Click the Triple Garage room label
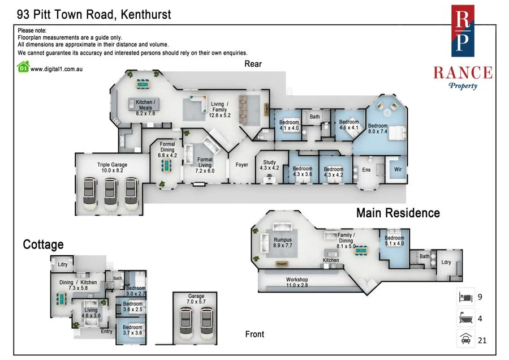point(112,168)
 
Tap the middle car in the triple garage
point(110,194)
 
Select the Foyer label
point(242,165)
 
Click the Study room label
point(269,165)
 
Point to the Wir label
point(398,169)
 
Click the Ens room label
point(366,170)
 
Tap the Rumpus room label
point(283,242)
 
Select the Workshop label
point(297,282)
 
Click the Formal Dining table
point(167,166)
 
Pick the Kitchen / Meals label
point(145,108)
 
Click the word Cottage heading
point(43,245)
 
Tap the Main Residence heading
point(398,213)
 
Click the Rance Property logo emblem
point(463,31)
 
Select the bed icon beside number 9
point(465,297)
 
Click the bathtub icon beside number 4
point(465,318)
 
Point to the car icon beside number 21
point(465,339)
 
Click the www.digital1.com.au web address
point(57,69)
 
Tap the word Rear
point(253,64)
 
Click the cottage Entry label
point(106,331)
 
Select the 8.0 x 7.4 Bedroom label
point(378,128)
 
